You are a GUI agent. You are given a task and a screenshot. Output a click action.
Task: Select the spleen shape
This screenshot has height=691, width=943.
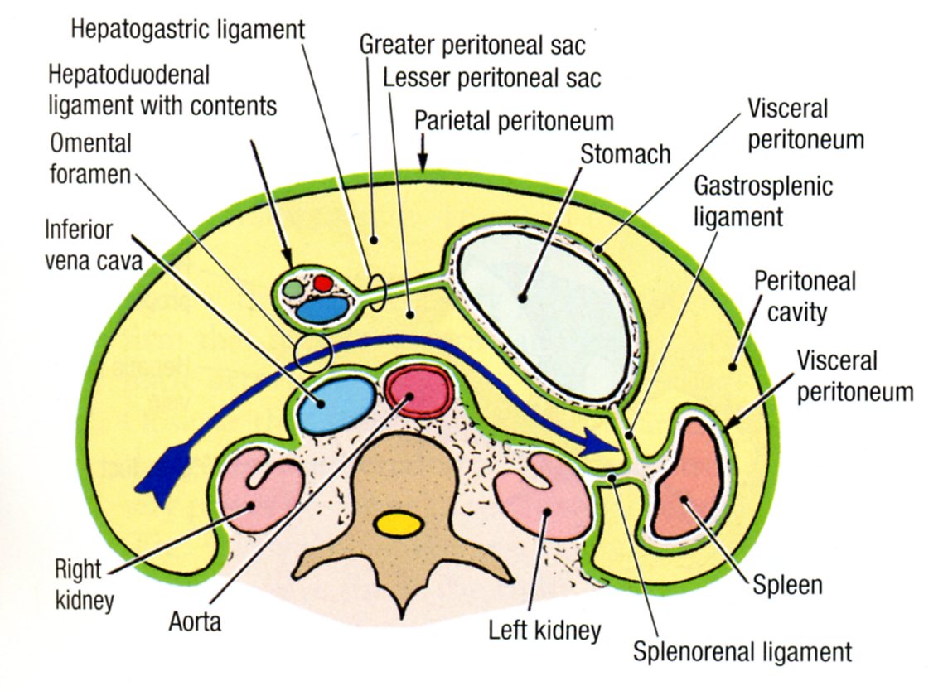(686, 479)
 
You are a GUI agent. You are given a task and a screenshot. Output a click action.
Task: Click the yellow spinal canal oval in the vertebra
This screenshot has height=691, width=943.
(399, 524)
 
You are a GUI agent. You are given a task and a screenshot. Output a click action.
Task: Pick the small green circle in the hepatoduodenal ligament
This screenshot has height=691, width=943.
(293, 289)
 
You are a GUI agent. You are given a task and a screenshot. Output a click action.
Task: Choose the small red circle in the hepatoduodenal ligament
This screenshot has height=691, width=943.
(322, 283)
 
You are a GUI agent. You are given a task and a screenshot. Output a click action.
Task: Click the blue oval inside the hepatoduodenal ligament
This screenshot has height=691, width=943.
(322, 309)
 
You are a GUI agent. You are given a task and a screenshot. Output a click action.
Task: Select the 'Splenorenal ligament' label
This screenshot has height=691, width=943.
(742, 650)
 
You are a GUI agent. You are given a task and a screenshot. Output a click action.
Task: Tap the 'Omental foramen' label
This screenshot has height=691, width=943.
(91, 158)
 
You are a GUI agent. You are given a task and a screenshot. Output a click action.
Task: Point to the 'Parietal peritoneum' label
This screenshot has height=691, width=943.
(514, 122)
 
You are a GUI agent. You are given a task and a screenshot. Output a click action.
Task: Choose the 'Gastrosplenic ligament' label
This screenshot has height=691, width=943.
(763, 201)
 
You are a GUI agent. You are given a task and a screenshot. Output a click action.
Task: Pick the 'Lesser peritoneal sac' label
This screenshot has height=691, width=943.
(492, 79)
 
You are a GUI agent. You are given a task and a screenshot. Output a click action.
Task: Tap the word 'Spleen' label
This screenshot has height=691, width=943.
(787, 585)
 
